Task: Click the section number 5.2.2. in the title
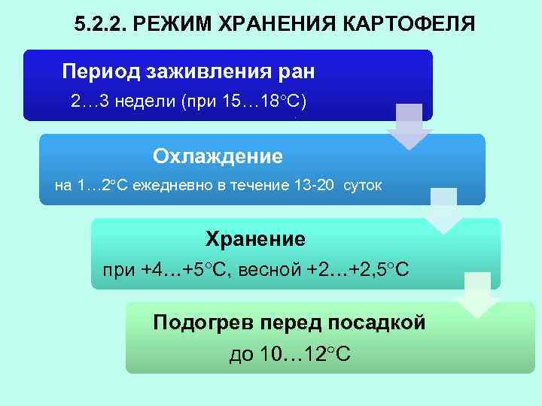click(x=101, y=26)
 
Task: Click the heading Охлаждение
click(x=218, y=156)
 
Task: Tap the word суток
click(x=362, y=185)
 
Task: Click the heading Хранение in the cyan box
click(x=255, y=240)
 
